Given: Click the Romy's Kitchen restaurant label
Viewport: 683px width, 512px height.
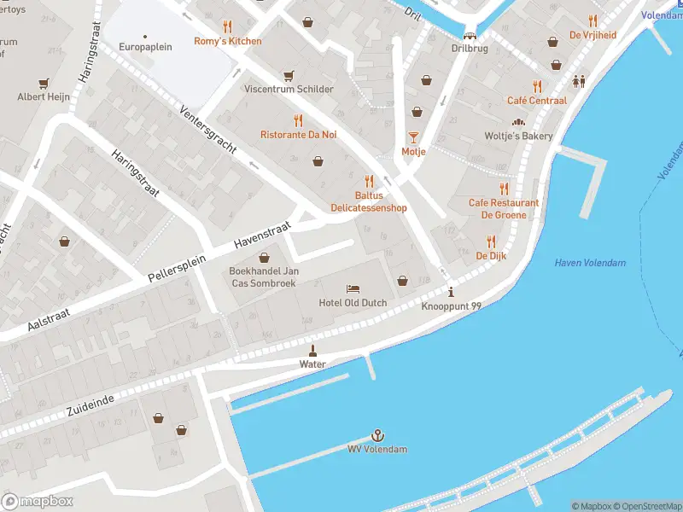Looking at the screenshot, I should (228, 41).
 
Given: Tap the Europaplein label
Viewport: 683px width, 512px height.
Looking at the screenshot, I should (145, 47).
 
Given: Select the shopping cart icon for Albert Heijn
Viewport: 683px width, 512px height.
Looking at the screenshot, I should (44, 84).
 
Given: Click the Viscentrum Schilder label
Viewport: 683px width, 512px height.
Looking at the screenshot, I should (289, 89).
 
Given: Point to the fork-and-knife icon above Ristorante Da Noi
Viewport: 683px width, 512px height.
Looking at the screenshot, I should (298, 120).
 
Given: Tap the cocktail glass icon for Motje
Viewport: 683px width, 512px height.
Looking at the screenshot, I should (413, 137).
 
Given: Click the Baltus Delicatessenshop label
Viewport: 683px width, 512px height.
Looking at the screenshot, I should (369, 201).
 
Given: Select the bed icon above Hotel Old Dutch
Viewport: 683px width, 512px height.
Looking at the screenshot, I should (353, 288).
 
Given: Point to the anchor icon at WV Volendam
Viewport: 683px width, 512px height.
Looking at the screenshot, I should (377, 435).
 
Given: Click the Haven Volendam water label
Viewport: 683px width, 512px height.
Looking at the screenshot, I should (589, 263).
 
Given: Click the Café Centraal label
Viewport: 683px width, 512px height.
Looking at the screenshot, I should (536, 100).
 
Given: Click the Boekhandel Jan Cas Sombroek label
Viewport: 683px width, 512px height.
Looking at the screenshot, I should (264, 277).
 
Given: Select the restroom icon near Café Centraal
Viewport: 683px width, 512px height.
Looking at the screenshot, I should (580, 82).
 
